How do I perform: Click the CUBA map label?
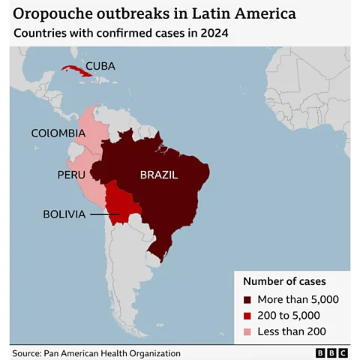(100, 66)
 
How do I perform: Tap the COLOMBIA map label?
(58, 133)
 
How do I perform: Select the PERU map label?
(71, 175)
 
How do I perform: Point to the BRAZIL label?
(158, 175)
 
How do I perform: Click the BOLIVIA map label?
(63, 214)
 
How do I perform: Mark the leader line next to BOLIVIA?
(104, 214)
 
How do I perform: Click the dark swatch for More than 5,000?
(249, 299)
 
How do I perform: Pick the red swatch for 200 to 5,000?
(249, 315)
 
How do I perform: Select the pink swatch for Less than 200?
(249, 331)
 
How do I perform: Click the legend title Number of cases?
(284, 281)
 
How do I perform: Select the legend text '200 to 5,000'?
(292, 315)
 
